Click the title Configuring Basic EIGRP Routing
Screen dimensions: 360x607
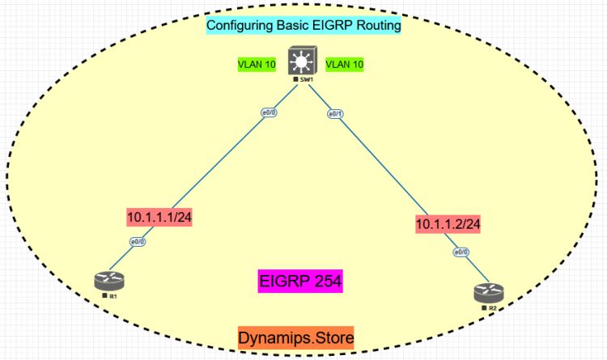[303, 25]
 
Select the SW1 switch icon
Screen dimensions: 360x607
[303, 63]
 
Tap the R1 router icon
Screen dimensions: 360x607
[110, 282]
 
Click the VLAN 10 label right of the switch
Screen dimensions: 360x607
[346, 63]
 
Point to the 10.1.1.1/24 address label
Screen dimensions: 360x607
[163, 216]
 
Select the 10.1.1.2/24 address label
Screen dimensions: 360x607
[448, 223]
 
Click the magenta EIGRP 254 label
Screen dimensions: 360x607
[301, 282]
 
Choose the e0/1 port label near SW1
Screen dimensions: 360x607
[336, 114]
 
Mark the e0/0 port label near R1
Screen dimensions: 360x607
[138, 242]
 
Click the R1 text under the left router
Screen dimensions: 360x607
[114, 297]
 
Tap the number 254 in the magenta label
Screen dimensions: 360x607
[326, 282]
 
